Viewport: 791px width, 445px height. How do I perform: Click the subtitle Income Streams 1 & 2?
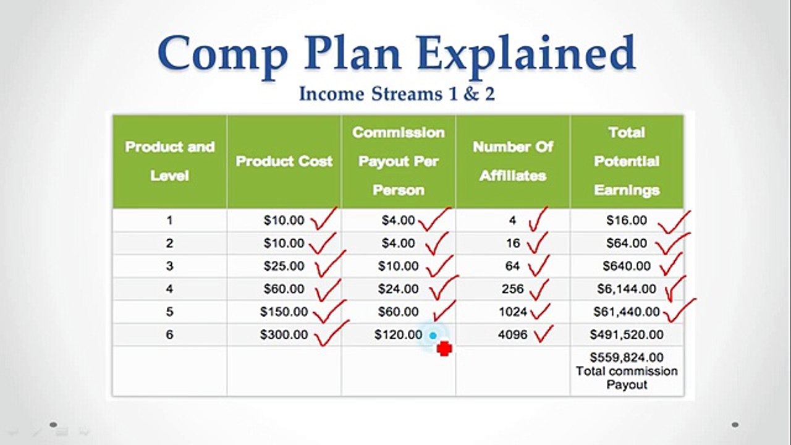(x=397, y=94)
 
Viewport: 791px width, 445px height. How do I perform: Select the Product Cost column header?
(x=284, y=161)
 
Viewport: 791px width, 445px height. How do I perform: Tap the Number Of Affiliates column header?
(x=513, y=161)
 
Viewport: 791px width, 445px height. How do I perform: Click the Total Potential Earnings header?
(x=627, y=161)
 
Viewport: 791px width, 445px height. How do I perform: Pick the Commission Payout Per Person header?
(x=399, y=161)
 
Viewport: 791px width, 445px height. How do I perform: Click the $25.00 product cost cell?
(x=284, y=266)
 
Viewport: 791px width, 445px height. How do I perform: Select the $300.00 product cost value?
(x=284, y=335)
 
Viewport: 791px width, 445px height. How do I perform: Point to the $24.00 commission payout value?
(x=399, y=289)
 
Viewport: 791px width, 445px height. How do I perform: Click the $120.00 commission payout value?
(x=399, y=335)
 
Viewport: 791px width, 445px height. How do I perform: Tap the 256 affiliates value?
(x=513, y=289)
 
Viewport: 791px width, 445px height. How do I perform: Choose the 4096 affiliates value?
(x=513, y=335)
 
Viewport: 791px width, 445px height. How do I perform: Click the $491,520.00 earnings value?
(x=627, y=335)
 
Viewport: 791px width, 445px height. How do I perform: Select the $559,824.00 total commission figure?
(x=627, y=357)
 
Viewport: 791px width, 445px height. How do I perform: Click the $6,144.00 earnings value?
(x=627, y=289)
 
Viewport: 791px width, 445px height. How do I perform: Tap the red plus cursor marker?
(x=444, y=349)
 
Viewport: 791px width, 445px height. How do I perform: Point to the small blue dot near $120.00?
(x=433, y=336)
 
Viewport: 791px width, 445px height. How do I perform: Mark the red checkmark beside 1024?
(x=540, y=310)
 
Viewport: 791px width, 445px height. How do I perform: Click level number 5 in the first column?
(x=169, y=312)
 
